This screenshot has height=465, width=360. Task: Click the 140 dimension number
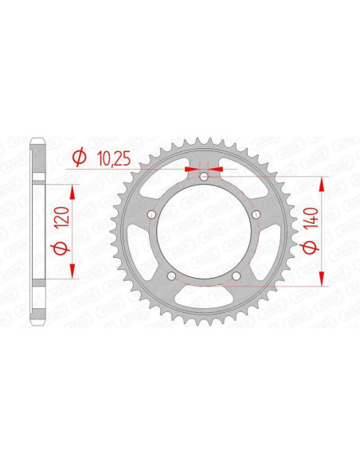(311, 214)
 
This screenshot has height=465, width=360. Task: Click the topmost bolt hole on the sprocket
(203, 175)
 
